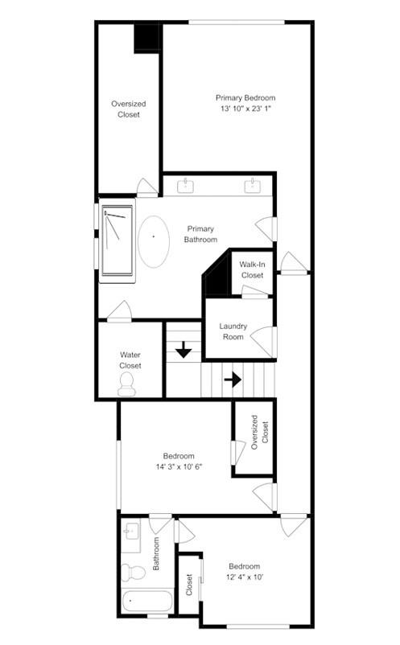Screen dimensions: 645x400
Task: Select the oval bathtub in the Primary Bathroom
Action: (153, 241)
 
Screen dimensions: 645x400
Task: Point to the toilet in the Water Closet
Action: (129, 386)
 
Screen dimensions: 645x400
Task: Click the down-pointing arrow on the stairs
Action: (184, 350)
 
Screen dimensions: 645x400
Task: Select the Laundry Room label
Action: (233, 331)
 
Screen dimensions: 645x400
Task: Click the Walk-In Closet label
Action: (252, 269)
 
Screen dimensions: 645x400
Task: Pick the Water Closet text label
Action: (130, 359)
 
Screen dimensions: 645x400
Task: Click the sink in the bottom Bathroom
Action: (131, 533)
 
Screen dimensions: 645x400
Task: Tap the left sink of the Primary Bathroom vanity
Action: (187, 186)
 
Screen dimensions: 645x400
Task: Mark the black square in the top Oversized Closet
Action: (146, 37)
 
